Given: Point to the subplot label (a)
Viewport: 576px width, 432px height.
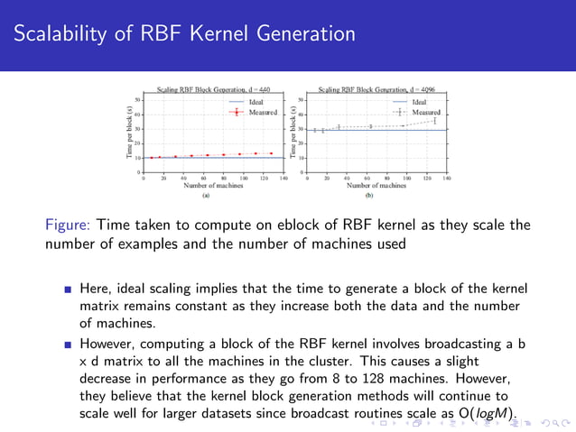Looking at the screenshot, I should (x=206, y=195).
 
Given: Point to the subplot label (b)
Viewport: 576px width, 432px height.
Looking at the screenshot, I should (x=368, y=195).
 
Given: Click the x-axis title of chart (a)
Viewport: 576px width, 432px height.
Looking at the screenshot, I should (x=206, y=186).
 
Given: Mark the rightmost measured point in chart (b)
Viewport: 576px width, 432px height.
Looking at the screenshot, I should (x=434, y=120).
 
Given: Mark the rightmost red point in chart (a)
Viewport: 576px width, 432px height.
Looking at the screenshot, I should (x=272, y=153).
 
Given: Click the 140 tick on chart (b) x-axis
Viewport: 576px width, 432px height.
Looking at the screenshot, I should (x=448, y=179).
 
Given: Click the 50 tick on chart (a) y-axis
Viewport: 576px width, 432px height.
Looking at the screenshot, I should (x=136, y=99).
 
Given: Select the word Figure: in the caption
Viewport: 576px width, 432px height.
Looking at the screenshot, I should (x=68, y=225).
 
